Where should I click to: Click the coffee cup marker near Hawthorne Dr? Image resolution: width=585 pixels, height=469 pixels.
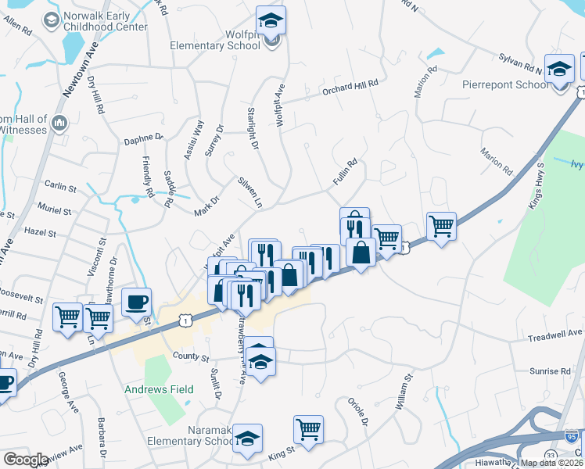point(136,302)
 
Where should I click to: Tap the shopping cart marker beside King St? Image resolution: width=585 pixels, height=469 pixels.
point(308,429)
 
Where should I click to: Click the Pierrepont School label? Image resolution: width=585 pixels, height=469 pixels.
point(515,85)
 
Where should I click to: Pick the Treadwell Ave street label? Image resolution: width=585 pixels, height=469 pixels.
point(556,333)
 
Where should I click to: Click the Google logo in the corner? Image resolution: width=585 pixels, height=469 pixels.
point(26,460)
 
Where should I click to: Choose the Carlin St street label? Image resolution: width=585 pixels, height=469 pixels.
point(60,188)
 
